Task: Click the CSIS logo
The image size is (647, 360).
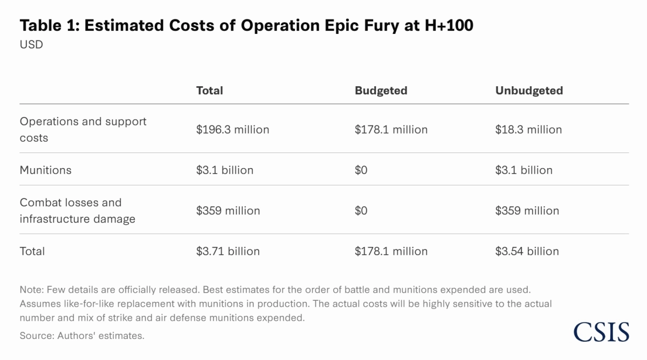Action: [x=601, y=331]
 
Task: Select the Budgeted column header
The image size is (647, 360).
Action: [x=381, y=91]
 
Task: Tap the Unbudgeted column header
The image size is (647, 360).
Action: [x=529, y=91]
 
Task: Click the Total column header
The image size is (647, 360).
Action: [x=209, y=91]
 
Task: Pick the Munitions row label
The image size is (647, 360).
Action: [x=45, y=170]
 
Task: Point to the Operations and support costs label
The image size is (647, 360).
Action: [x=83, y=129]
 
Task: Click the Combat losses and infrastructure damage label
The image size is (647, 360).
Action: [x=77, y=211]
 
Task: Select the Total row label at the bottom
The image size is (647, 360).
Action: [x=32, y=251]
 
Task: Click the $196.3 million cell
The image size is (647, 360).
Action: [x=232, y=129]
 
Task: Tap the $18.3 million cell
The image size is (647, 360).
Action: [x=528, y=129]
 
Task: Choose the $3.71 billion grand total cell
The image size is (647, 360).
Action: [x=228, y=251]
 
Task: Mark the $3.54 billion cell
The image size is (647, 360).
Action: [x=527, y=251]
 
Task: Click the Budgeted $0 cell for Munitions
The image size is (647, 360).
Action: [x=361, y=170]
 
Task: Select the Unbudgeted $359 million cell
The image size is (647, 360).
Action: [x=527, y=211]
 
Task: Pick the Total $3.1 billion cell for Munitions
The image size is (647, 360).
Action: [x=224, y=170]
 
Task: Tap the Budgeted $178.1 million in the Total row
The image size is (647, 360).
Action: [x=391, y=251]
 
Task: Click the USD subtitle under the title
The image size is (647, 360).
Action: [x=31, y=45]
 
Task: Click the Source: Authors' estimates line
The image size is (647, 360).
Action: [x=82, y=335]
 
